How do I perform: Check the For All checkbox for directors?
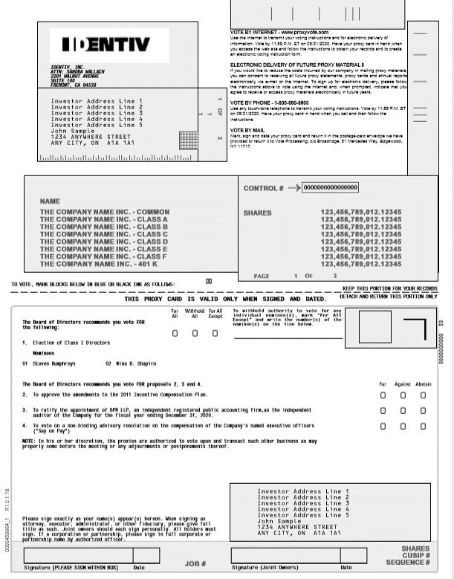point(175,333)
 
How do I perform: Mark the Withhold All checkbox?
point(195,333)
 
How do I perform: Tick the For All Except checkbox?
point(215,333)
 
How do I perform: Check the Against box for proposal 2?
point(403,395)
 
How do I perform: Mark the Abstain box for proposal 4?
point(423,427)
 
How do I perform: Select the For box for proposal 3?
point(383,411)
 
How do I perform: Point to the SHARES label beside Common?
point(258,213)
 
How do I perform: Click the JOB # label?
point(195,564)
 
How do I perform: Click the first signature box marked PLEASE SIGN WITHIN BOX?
point(77,555)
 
